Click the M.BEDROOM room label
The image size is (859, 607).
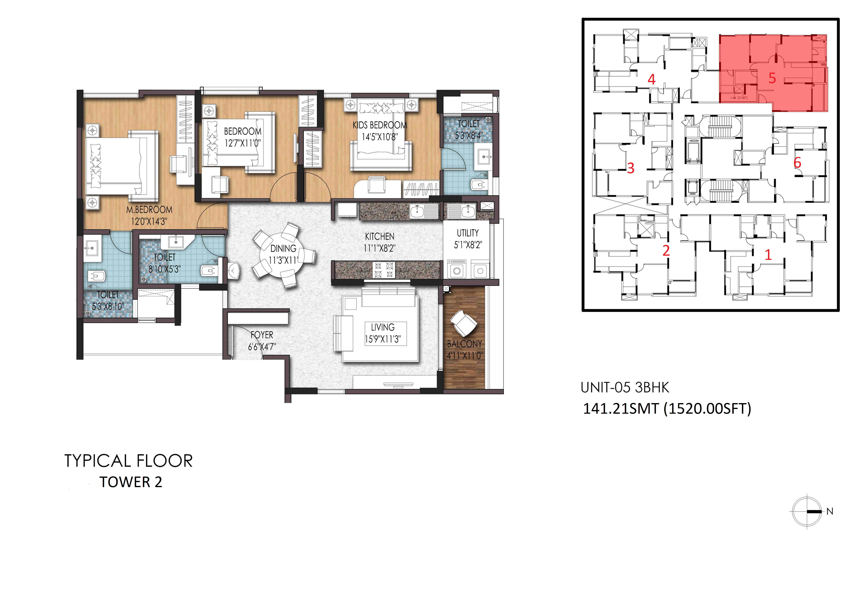(149, 210)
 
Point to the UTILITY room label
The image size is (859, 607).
(468, 233)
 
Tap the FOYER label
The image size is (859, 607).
(262, 335)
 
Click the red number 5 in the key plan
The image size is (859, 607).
(772, 78)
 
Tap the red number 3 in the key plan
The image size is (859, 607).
(631, 168)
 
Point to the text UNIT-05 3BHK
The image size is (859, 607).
(625, 388)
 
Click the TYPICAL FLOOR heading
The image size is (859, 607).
(128, 461)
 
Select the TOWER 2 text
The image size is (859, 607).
(131, 482)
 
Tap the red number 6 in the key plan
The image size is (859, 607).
(797, 163)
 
